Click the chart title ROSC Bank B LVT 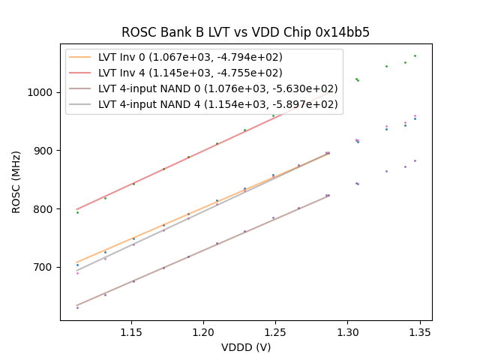point(245,32)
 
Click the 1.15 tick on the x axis point(131,331)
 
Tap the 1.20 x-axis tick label point(203,331)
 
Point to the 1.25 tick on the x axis point(275,331)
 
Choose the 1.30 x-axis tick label point(347,331)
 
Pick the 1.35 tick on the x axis point(419,331)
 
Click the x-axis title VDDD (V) point(245,346)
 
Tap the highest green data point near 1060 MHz point(415,55)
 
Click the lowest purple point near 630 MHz point(77,307)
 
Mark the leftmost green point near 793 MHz point(77,212)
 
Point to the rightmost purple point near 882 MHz point(415,160)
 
